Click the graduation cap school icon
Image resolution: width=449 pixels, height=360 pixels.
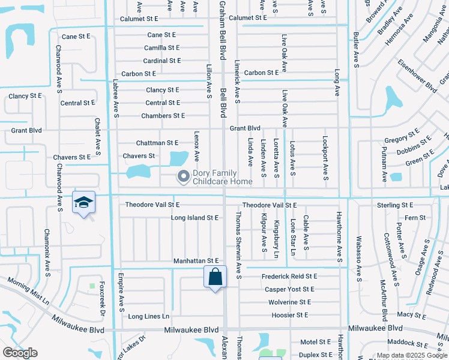tap(84, 202)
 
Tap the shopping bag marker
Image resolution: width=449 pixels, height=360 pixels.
tap(215, 277)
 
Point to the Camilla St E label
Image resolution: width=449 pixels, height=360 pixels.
tap(161, 47)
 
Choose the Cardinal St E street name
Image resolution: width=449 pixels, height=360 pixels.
tap(161, 61)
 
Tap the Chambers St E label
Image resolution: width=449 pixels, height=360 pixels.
tap(162, 115)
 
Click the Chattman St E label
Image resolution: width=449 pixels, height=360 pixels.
tap(157, 143)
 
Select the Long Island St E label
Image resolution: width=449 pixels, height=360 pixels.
tap(194, 218)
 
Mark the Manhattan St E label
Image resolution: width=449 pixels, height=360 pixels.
tap(196, 261)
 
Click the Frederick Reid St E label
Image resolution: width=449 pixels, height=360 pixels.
tap(289, 276)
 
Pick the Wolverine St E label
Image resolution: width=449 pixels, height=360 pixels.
tap(289, 302)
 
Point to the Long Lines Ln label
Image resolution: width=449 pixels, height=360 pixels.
tap(149, 316)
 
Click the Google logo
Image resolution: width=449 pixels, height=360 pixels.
tap(20, 353)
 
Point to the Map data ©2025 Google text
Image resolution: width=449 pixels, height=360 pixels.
tap(411, 355)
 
